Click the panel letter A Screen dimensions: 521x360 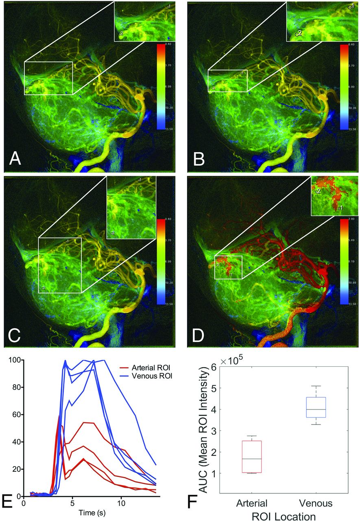[x=16, y=158]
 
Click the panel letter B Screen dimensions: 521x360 [x=199, y=158]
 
